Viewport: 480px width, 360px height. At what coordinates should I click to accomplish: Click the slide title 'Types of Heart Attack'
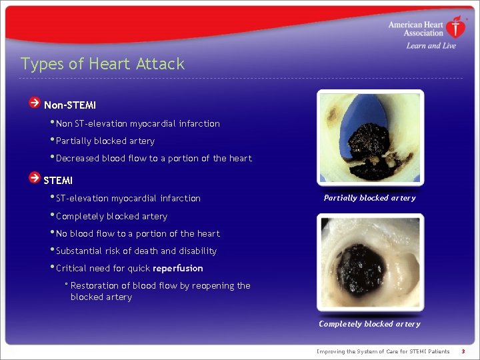click(x=103, y=64)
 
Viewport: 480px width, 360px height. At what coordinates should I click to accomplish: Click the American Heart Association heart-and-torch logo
click(x=456, y=27)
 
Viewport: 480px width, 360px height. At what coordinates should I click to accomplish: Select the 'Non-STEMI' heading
click(x=70, y=105)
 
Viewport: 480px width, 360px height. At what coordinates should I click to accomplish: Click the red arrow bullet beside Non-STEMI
click(x=34, y=103)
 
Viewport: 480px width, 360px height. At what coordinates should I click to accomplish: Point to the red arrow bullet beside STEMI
click(x=34, y=178)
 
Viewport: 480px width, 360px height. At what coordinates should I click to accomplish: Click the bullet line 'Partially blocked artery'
click(x=105, y=141)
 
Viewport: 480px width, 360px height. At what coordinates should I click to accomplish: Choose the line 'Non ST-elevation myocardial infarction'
click(x=137, y=124)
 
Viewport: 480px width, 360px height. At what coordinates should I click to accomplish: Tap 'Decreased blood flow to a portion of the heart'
click(x=153, y=159)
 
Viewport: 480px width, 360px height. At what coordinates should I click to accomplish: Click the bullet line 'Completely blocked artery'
click(x=111, y=217)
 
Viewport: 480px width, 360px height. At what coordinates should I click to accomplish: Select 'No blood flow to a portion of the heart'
click(x=137, y=234)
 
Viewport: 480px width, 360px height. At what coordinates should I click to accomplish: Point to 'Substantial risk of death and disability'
click(x=136, y=251)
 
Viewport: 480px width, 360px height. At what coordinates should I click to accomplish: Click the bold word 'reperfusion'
click(x=178, y=269)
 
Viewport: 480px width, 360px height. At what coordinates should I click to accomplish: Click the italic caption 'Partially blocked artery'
click(x=369, y=198)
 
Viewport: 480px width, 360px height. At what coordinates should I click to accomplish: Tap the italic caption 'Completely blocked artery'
click(x=369, y=324)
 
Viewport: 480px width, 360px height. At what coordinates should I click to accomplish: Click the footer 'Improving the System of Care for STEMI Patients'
click(x=383, y=351)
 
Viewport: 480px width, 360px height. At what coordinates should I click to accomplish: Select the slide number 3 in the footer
click(x=463, y=351)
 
